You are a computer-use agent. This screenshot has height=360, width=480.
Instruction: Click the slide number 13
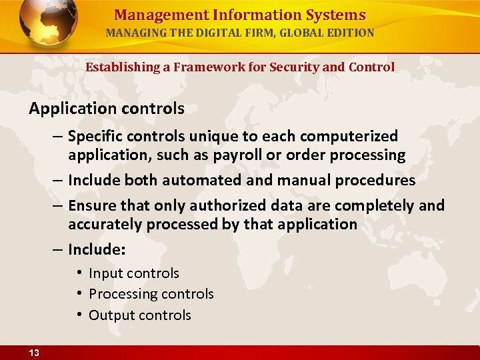point(33,353)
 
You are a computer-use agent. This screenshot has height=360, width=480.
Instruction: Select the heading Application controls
point(107,108)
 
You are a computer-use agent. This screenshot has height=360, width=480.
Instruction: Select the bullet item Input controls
point(133,273)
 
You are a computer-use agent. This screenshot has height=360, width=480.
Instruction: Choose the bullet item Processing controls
point(151,294)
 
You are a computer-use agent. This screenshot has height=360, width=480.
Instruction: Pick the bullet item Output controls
point(139,315)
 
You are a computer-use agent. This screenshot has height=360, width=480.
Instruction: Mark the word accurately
point(105,225)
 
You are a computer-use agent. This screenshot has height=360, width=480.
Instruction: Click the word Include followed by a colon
point(97,250)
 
